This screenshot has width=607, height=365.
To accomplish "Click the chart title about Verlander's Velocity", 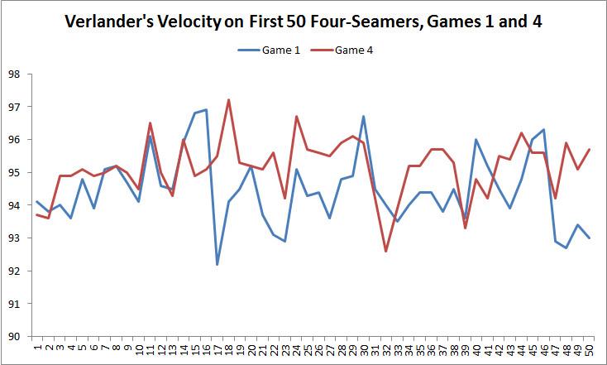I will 303,22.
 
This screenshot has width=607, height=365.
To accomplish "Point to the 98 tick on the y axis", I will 14,74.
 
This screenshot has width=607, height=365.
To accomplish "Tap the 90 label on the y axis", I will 14,336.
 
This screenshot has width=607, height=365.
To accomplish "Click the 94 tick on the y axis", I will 14,205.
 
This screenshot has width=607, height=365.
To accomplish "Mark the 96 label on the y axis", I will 14,140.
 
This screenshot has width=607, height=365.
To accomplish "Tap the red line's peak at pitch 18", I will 228,100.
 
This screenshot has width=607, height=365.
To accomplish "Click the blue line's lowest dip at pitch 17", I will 217,264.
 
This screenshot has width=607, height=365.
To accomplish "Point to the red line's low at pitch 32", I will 385,251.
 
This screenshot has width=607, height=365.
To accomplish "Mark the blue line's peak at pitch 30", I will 363,117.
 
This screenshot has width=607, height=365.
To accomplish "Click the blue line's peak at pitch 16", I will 206,110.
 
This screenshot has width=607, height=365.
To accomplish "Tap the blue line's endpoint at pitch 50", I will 588,238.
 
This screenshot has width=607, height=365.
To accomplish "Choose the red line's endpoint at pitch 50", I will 588,149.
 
